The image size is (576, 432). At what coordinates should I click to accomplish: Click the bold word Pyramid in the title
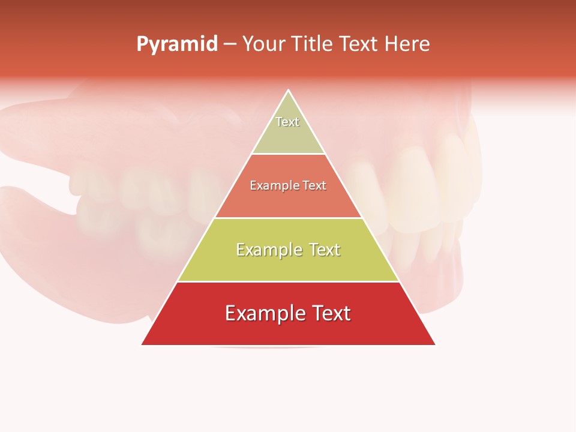(x=177, y=44)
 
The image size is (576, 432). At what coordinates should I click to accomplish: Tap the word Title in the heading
(x=314, y=44)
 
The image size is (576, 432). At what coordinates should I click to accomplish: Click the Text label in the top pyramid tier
(x=287, y=122)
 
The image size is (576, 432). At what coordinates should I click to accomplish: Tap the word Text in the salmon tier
(x=314, y=185)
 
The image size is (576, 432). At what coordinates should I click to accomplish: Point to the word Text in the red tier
(x=331, y=313)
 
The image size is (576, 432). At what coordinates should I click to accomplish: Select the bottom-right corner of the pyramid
(x=435, y=344)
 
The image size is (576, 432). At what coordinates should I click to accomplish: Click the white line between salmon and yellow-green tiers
(x=288, y=218)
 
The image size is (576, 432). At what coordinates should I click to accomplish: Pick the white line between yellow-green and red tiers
(x=288, y=281)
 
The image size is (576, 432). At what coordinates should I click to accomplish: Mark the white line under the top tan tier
(x=288, y=154)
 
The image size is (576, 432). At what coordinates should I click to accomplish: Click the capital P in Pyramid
(x=142, y=44)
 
